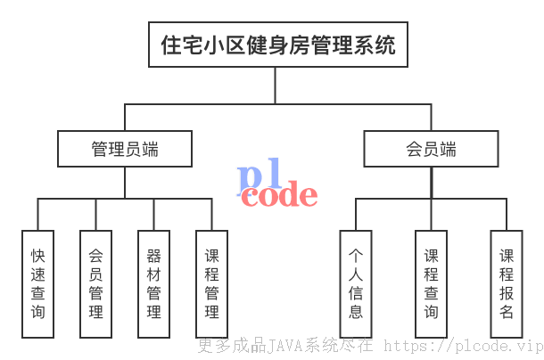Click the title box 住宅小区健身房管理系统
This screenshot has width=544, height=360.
pos(278,45)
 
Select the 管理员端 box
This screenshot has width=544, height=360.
pos(125,149)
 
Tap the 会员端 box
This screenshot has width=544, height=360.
pos(432,149)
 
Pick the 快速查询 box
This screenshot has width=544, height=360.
pos(37,284)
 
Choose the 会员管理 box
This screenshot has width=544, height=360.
pos(95,284)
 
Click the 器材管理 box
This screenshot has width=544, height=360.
pos(153,284)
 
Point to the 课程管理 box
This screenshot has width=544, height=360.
pos(211,284)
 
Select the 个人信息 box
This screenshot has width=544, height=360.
pos(356,284)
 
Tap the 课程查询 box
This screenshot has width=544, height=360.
pos(432,284)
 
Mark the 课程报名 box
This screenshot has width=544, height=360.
pos(507,284)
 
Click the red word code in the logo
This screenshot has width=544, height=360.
pos(279,195)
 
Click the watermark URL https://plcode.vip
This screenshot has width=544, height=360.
pos(464,346)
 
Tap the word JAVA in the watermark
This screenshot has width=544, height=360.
pos(284,346)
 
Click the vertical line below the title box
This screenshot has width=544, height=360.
pos(276,86)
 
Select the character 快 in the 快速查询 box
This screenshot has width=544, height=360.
pos(37,256)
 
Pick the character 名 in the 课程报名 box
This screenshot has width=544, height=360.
pos(507,312)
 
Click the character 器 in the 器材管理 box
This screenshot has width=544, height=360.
pos(153,256)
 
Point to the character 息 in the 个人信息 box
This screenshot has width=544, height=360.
pos(356,312)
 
